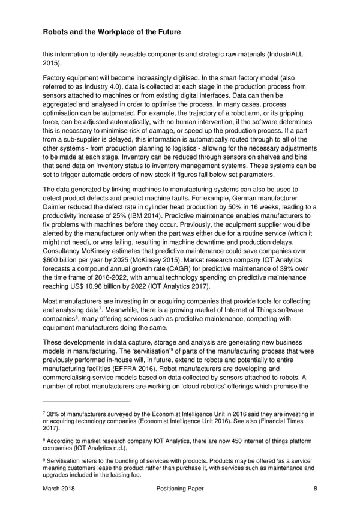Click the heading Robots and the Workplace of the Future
(113, 31)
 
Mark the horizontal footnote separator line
(86, 402)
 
